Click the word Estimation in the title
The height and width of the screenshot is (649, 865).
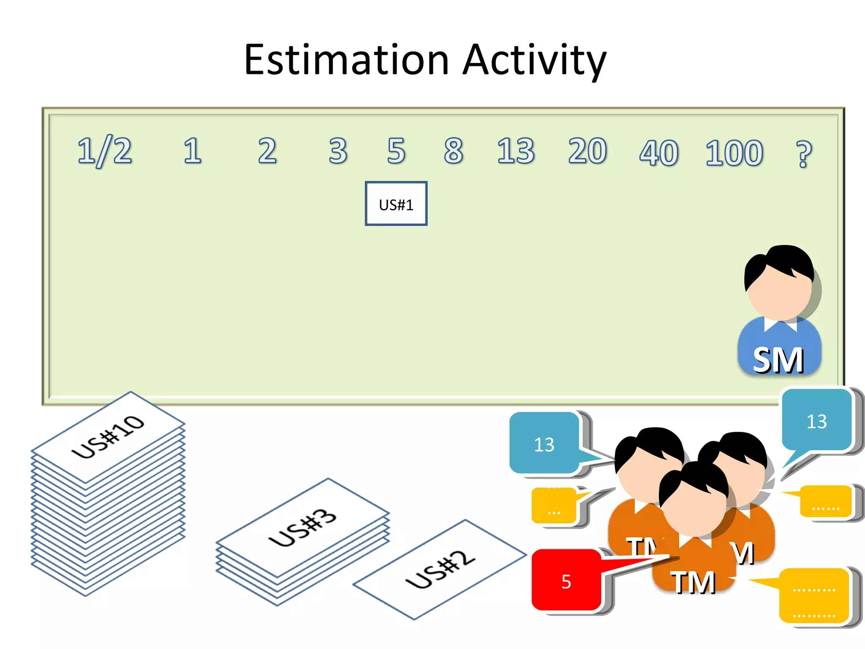[346, 60]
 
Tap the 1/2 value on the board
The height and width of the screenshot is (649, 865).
[104, 151]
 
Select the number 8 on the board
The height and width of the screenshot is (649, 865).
[454, 151]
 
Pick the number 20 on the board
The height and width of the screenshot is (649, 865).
[587, 151]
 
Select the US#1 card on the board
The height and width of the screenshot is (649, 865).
[396, 204]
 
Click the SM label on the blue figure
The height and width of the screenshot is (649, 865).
[778, 360]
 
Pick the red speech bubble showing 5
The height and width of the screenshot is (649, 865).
[566, 581]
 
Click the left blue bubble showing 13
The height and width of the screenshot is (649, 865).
[544, 444]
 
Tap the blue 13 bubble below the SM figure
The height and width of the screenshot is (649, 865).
[816, 420]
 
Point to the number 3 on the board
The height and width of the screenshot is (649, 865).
[338, 151]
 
